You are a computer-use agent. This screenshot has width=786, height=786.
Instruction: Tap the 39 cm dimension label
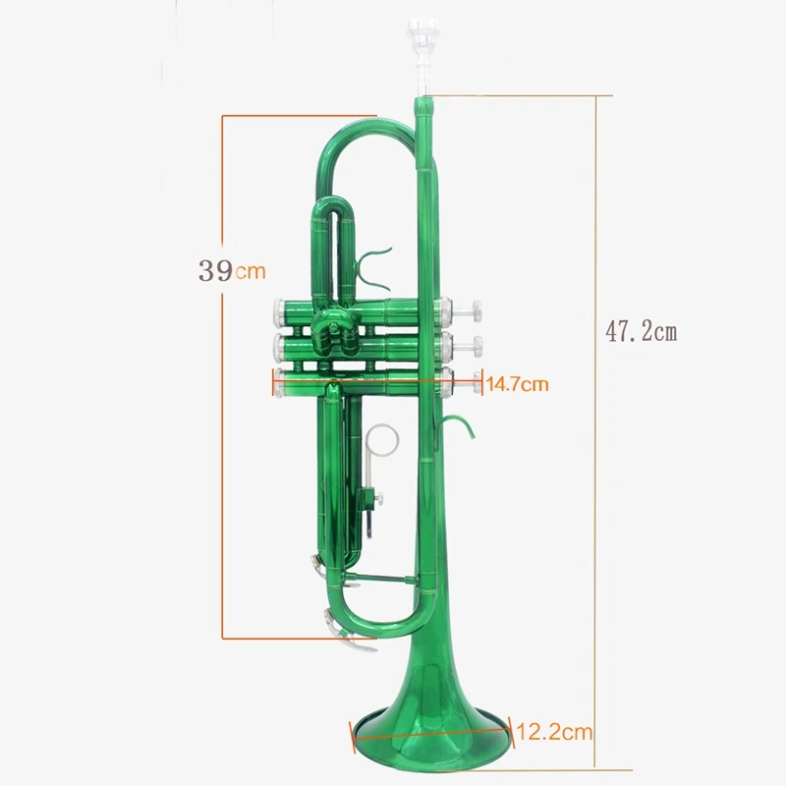(232, 271)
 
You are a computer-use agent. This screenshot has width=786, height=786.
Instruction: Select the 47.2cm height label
(642, 331)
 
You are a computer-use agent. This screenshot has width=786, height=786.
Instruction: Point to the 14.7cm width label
(518, 385)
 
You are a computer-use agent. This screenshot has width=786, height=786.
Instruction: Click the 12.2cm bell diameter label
(554, 732)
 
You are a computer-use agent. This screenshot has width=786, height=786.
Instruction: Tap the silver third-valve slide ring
(382, 440)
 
